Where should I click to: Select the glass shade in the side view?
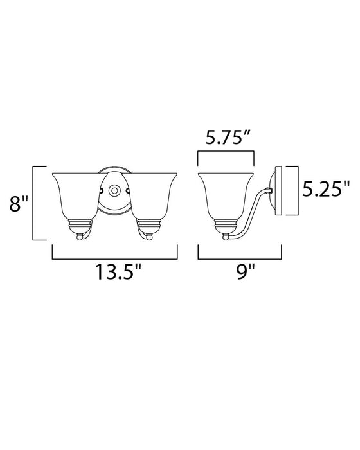point(227,196)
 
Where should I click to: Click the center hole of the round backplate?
point(114,190)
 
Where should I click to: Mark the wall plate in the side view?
point(278,190)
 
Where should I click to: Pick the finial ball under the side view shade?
point(227,238)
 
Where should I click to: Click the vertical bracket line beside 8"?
point(33,203)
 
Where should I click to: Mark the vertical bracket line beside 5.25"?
point(297,190)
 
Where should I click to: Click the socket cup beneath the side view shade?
point(227,226)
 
